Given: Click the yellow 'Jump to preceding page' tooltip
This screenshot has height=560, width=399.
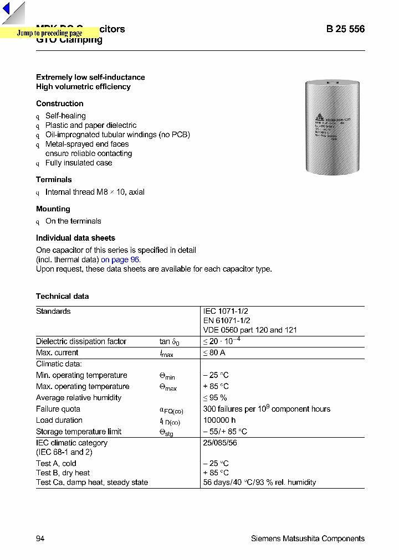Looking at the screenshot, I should click(49, 33).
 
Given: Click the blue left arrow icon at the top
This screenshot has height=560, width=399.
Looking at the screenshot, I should click(7, 9).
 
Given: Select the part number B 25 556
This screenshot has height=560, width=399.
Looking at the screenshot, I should click(345, 29).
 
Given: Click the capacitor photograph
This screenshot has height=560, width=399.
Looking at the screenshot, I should click(332, 127).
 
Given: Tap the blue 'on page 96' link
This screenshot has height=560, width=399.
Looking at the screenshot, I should click(120, 260).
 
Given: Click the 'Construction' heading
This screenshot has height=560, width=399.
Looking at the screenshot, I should click(60, 103).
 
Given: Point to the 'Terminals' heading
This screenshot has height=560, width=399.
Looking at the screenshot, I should click(54, 179).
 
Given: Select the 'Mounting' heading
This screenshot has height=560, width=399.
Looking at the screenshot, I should click(53, 209).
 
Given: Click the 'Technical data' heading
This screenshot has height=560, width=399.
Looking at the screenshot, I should click(62, 296).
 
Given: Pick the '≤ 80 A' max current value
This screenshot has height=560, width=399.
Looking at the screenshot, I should click(214, 352).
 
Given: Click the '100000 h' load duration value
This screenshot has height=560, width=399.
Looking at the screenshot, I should click(220, 420).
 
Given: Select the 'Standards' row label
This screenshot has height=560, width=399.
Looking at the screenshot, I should click(53, 311).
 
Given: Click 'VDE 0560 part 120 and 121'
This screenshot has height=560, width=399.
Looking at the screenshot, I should click(250, 330).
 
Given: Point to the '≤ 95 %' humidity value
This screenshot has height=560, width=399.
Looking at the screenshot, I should click(215, 397).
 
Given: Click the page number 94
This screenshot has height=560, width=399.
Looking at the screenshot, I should click(40, 538).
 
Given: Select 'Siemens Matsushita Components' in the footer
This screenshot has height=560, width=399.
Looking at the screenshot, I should click(308, 538).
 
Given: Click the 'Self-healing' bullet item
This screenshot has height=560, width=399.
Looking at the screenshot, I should click(65, 116).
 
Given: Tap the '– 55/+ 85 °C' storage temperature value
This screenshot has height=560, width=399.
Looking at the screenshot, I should click(225, 431).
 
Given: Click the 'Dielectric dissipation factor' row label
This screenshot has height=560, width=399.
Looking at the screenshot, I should click(81, 341).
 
